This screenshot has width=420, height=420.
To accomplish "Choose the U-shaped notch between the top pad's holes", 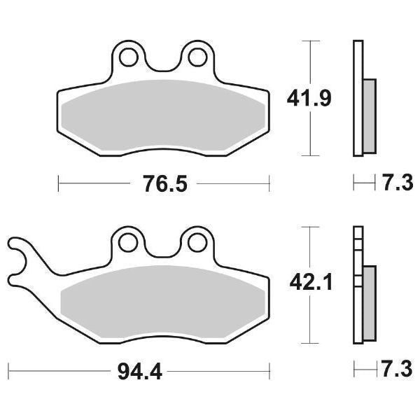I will click(162, 64).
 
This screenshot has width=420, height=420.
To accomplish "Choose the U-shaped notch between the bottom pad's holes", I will click(162, 251).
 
